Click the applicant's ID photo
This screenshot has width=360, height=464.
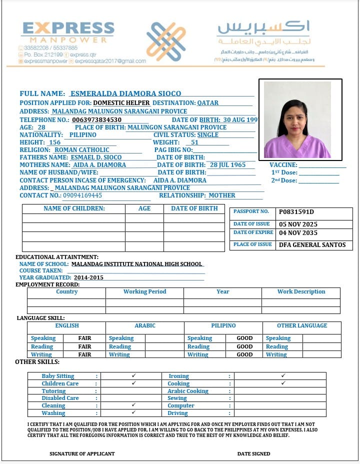300,120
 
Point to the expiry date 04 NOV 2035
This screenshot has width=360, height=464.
298,233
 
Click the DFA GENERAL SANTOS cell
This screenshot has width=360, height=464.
312,245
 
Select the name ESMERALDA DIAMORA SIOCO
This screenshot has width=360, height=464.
125,93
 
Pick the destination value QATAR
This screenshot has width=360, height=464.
207,103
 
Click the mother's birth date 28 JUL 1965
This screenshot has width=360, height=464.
227,165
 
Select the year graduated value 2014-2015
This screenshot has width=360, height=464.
88,277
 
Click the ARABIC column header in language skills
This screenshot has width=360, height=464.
145,326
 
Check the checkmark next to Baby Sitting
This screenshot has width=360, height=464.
133,375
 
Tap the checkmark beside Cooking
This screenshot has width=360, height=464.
283,383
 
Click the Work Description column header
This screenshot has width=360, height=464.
301,292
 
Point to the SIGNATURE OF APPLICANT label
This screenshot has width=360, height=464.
82,454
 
